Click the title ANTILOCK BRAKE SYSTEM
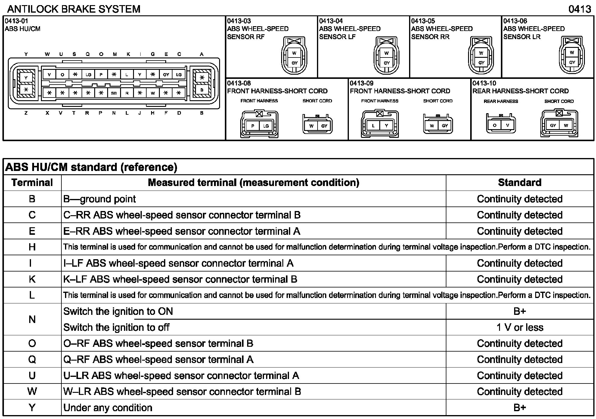pyautogui.click(x=74, y=9)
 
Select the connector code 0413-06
pyautogui.click(x=515, y=21)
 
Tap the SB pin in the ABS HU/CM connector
pyautogui.click(x=114, y=93)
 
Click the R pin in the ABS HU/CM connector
pyautogui.click(x=127, y=93)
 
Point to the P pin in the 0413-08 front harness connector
pyautogui.click(x=253, y=126)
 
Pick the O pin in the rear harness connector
pyautogui.click(x=495, y=125)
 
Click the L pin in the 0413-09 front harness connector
pyautogui.click(x=373, y=126)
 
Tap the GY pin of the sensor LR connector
pyautogui.click(x=572, y=63)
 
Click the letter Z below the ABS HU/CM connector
pyautogui.click(x=26, y=113)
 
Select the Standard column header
pyautogui.click(x=520, y=182)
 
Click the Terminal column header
pyautogui.click(x=32, y=182)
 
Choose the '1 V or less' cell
pyautogui.click(x=520, y=327)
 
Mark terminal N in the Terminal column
pyautogui.click(x=32, y=319)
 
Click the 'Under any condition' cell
pyautogui.click(x=108, y=408)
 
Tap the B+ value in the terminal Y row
pyautogui.click(x=520, y=408)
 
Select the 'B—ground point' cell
pyautogui.click(x=100, y=199)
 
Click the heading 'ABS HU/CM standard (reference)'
pyautogui.click(x=91, y=167)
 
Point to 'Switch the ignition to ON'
pyautogui.click(x=118, y=311)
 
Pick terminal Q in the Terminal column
pyautogui.click(x=32, y=359)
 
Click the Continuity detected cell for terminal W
pyautogui.click(x=520, y=392)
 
